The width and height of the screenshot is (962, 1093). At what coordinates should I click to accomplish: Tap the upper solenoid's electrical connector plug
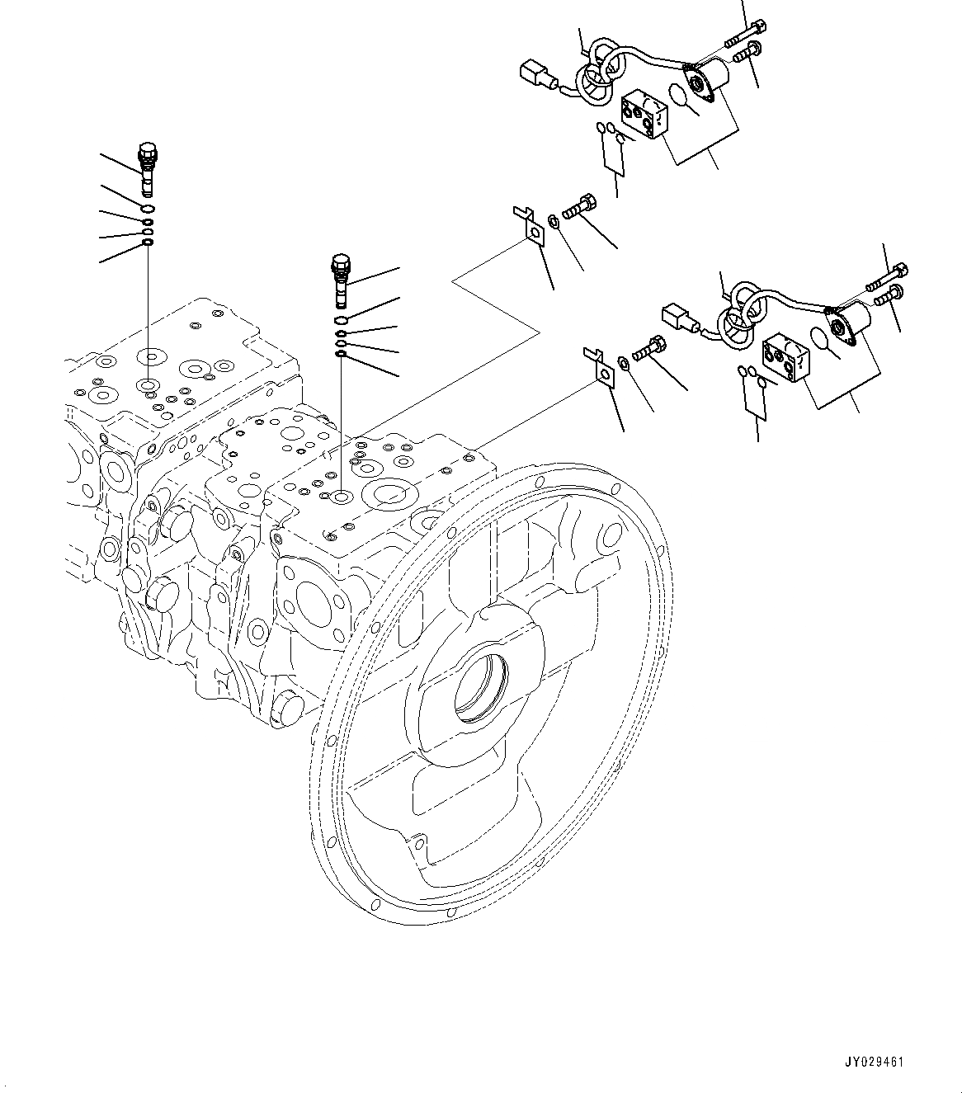tap(535, 75)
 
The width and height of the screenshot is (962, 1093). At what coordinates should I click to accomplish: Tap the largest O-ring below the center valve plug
tap(341, 320)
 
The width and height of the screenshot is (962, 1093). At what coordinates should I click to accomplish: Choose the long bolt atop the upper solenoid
tap(743, 35)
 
